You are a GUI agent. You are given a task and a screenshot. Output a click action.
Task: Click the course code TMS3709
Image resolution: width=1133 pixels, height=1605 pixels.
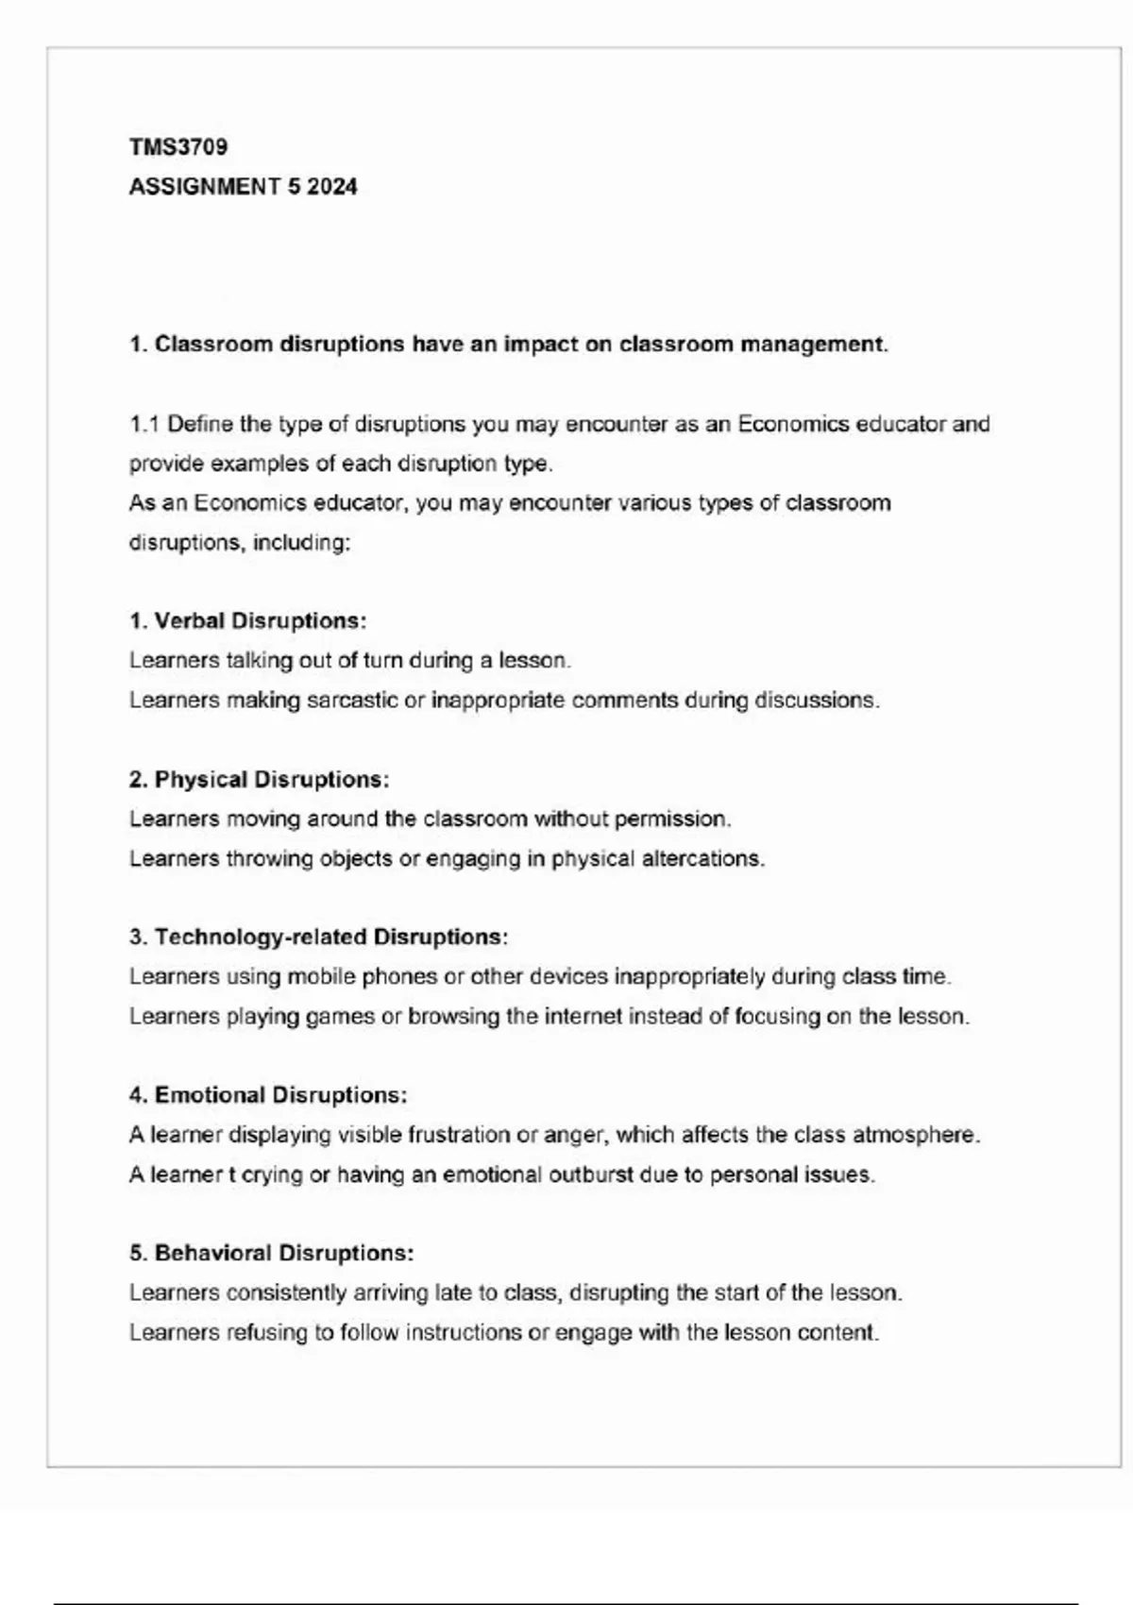(178, 147)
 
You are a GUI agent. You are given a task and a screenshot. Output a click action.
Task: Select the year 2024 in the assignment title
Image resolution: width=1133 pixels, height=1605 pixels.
(332, 187)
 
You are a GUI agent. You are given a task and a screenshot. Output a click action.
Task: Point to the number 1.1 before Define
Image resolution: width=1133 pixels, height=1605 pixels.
(144, 424)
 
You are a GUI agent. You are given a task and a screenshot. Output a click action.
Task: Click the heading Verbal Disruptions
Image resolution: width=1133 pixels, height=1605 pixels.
(260, 621)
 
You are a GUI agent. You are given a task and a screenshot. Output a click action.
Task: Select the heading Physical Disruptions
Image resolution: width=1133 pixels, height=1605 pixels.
(271, 780)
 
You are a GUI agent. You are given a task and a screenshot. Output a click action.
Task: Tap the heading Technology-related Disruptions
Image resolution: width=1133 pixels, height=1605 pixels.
(330, 938)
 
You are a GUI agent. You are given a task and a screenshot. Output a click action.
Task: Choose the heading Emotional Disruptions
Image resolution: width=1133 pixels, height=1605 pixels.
(280, 1095)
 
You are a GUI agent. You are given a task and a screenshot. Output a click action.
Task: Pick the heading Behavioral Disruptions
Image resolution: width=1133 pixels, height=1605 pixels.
(283, 1253)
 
